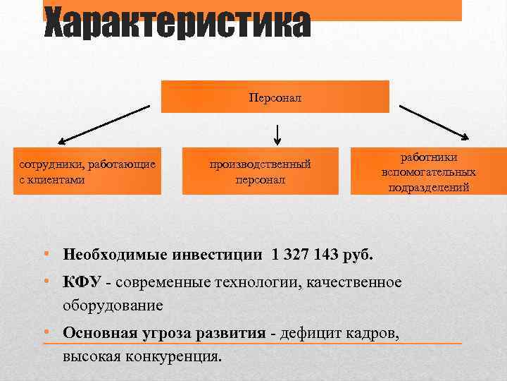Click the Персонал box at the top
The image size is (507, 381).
(275, 97)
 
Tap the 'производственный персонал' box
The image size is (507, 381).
(260, 171)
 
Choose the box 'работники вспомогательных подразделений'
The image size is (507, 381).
(428, 171)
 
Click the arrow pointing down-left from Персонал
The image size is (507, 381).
(104, 125)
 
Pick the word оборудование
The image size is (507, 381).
(113, 306)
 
